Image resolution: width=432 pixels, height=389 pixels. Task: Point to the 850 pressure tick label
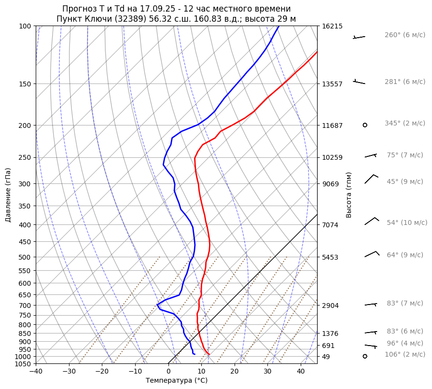click(x=25, y=333)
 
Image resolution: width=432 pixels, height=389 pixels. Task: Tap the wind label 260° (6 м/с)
click(x=405, y=35)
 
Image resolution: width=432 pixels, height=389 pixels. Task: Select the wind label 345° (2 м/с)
click(x=405, y=124)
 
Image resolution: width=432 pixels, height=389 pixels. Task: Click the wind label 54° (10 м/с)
click(x=407, y=222)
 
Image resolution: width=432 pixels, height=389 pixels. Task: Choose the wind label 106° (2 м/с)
click(x=405, y=355)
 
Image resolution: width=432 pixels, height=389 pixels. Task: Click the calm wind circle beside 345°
click(x=365, y=125)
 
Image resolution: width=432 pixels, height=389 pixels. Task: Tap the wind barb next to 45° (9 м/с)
click(x=371, y=179)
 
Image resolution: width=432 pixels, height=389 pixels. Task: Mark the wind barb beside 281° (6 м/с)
click(x=359, y=82)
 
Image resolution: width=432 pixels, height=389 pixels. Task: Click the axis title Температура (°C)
click(x=177, y=380)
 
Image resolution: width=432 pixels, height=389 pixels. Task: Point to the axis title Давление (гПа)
click(x=8, y=195)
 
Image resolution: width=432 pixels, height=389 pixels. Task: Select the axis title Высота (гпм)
click(x=349, y=194)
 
